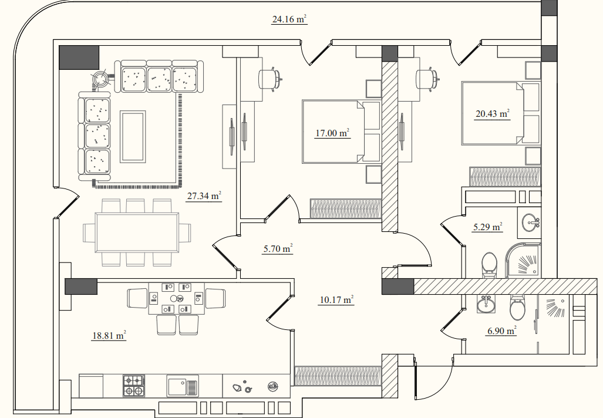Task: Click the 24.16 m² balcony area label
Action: pyautogui.click(x=289, y=19)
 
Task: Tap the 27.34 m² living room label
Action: pyautogui.click(x=204, y=195)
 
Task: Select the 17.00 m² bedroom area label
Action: pyautogui.click(x=332, y=133)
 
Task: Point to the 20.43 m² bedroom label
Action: pyautogui.click(x=493, y=113)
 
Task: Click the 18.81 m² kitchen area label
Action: pyautogui.click(x=109, y=335)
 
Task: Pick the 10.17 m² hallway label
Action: pyautogui.click(x=336, y=299)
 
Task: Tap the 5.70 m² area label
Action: pyautogui.click(x=278, y=249)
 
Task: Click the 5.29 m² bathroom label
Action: pyautogui.click(x=488, y=227)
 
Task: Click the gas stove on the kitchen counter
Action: pyautogui.click(x=134, y=386)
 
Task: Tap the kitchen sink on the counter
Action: pyautogui.click(x=183, y=386)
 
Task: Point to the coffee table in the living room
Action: pyautogui.click(x=133, y=137)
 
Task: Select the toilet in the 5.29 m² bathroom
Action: pyautogui.click(x=490, y=265)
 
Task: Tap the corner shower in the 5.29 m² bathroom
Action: pyautogui.click(x=523, y=260)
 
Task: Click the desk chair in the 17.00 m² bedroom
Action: pyautogui.click(x=271, y=79)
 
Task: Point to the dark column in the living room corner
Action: pyautogui.click(x=79, y=58)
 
